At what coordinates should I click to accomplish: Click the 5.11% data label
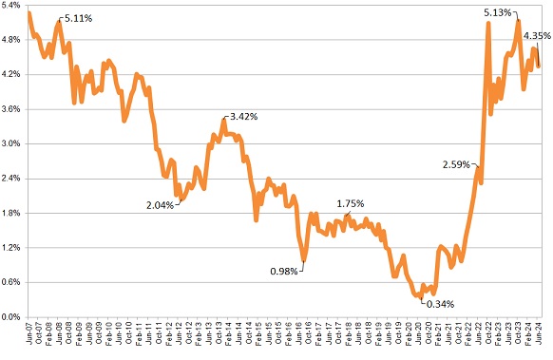click(80, 18)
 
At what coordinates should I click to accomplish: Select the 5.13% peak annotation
click(498, 12)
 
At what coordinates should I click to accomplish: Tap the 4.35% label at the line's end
click(538, 35)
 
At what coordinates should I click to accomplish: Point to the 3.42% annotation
click(241, 116)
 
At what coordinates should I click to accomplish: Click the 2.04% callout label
click(161, 204)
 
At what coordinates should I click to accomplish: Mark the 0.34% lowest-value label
click(439, 304)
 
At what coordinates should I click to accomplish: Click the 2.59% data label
click(458, 164)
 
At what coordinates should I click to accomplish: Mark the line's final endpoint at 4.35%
click(540, 66)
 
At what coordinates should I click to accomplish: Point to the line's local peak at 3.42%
click(224, 120)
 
